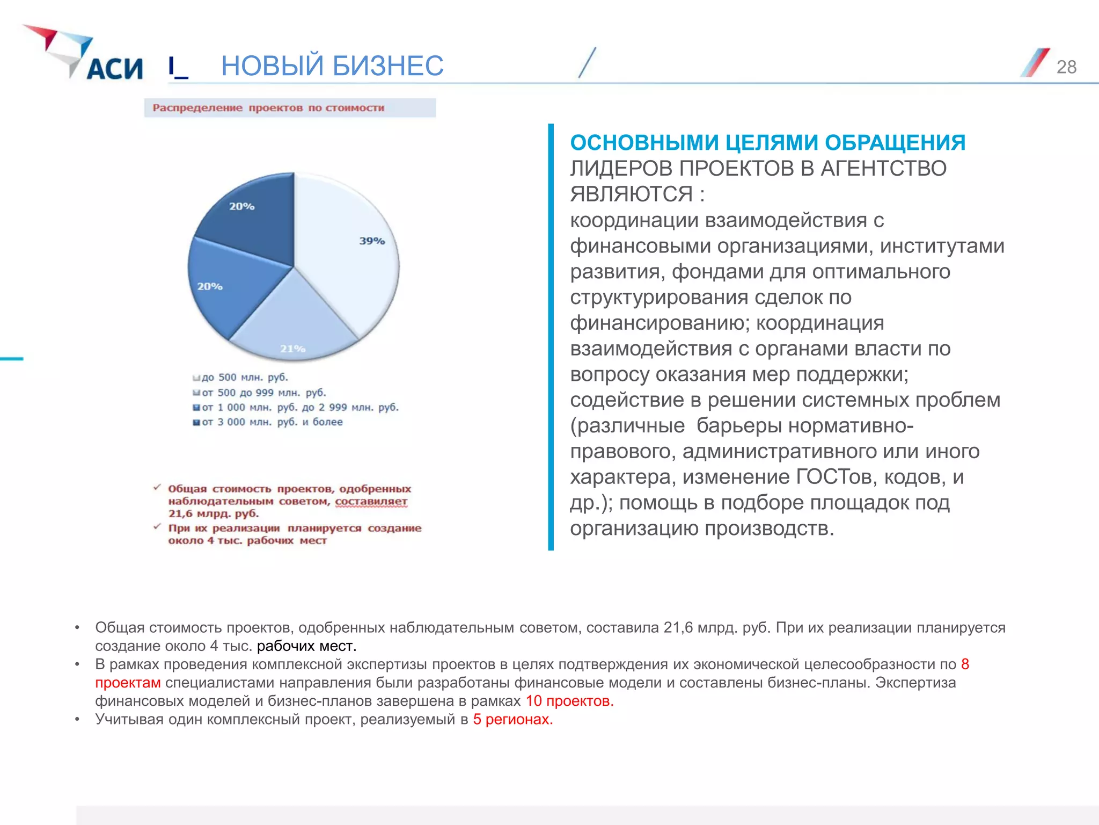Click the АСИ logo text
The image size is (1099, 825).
[114, 69]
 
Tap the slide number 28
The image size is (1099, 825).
[1066, 67]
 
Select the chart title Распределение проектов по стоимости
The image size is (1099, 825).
[268, 108]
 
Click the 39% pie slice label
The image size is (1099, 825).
[372, 241]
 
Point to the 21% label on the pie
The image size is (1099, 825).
[292, 349]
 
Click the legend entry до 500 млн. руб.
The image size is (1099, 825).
[245, 378]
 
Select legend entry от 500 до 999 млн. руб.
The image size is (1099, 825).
[263, 393]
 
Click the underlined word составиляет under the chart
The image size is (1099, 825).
[371, 502]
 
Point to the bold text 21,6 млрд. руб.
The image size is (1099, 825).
[213, 514]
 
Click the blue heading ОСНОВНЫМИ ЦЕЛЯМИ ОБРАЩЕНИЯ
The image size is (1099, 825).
[767, 143]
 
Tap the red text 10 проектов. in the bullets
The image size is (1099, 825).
[569, 701]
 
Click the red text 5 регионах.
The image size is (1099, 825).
[512, 719]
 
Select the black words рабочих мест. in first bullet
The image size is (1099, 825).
[306, 646]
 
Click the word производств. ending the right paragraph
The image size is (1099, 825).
[769, 529]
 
